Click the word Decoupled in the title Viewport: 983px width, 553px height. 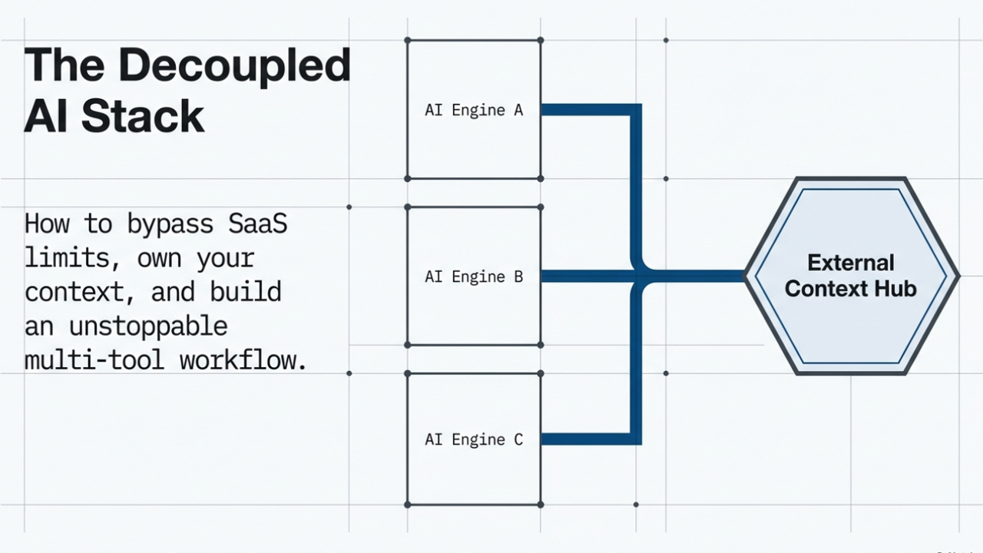click(234, 66)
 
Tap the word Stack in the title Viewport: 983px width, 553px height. click(143, 117)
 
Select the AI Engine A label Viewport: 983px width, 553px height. click(474, 111)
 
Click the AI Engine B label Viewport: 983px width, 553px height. click(474, 276)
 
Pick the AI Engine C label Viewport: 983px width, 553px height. click(474, 440)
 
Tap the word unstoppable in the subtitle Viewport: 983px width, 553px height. click(148, 326)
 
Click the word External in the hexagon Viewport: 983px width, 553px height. click(851, 263)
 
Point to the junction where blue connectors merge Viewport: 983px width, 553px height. click(637, 275)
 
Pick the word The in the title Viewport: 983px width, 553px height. click(64, 66)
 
